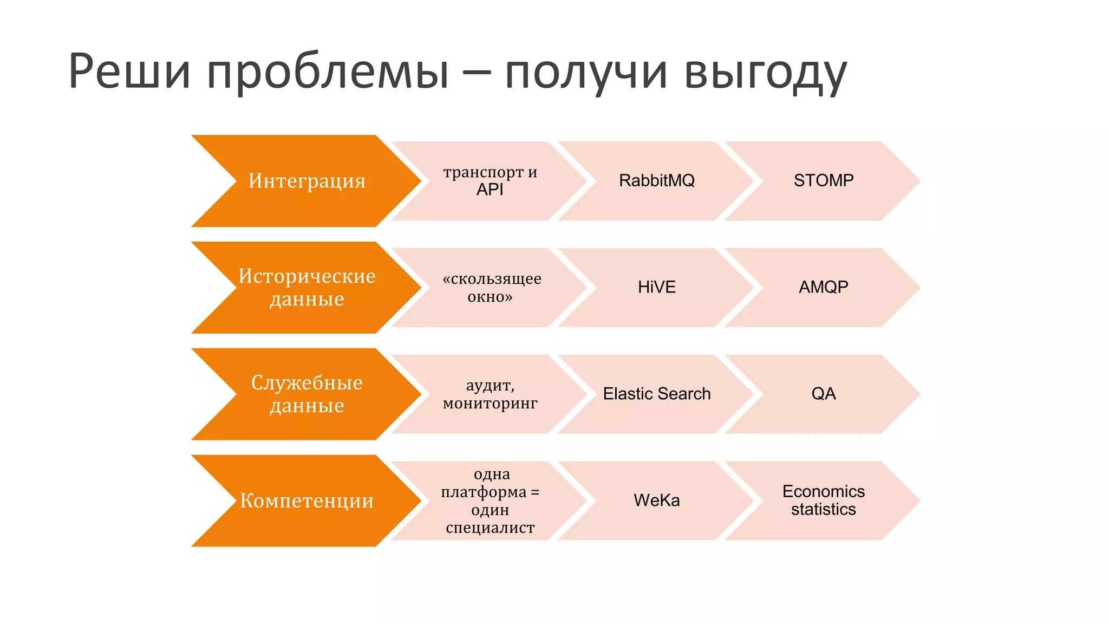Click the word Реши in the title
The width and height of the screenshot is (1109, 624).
[130, 71]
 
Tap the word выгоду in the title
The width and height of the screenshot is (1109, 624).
[765, 73]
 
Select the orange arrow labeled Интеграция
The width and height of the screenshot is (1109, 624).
[306, 181]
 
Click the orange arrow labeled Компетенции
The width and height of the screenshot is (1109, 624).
[306, 500]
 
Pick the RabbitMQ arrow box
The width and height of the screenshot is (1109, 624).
[656, 181]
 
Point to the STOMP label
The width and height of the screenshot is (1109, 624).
[823, 180]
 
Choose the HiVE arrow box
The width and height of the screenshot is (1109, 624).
[656, 287]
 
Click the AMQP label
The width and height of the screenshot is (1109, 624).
[823, 287]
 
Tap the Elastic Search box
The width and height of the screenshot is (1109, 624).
[656, 394]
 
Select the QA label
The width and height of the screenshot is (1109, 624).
[823, 394]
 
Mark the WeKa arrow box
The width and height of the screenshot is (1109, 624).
[656, 500]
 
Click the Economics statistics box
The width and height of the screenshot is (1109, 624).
[823, 500]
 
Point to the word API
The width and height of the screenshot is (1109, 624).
[490, 190]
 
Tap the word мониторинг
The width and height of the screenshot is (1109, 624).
[490, 404]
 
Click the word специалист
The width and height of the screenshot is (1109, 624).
[490, 528]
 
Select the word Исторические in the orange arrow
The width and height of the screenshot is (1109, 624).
[306, 276]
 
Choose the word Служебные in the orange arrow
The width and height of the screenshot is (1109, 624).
[306, 383]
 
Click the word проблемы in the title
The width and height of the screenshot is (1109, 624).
[328, 73]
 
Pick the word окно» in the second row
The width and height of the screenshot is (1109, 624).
[490, 297]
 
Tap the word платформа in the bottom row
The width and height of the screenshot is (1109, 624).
[484, 492]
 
